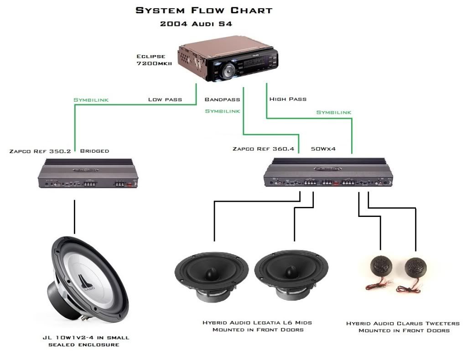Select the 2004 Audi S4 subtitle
pos(196,24)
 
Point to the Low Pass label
pos(165,99)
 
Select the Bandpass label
pos(222,99)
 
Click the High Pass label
pos(288,99)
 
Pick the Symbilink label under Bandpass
pos(222,111)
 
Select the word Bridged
pos(94,150)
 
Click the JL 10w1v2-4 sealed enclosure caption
pos(84,341)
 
